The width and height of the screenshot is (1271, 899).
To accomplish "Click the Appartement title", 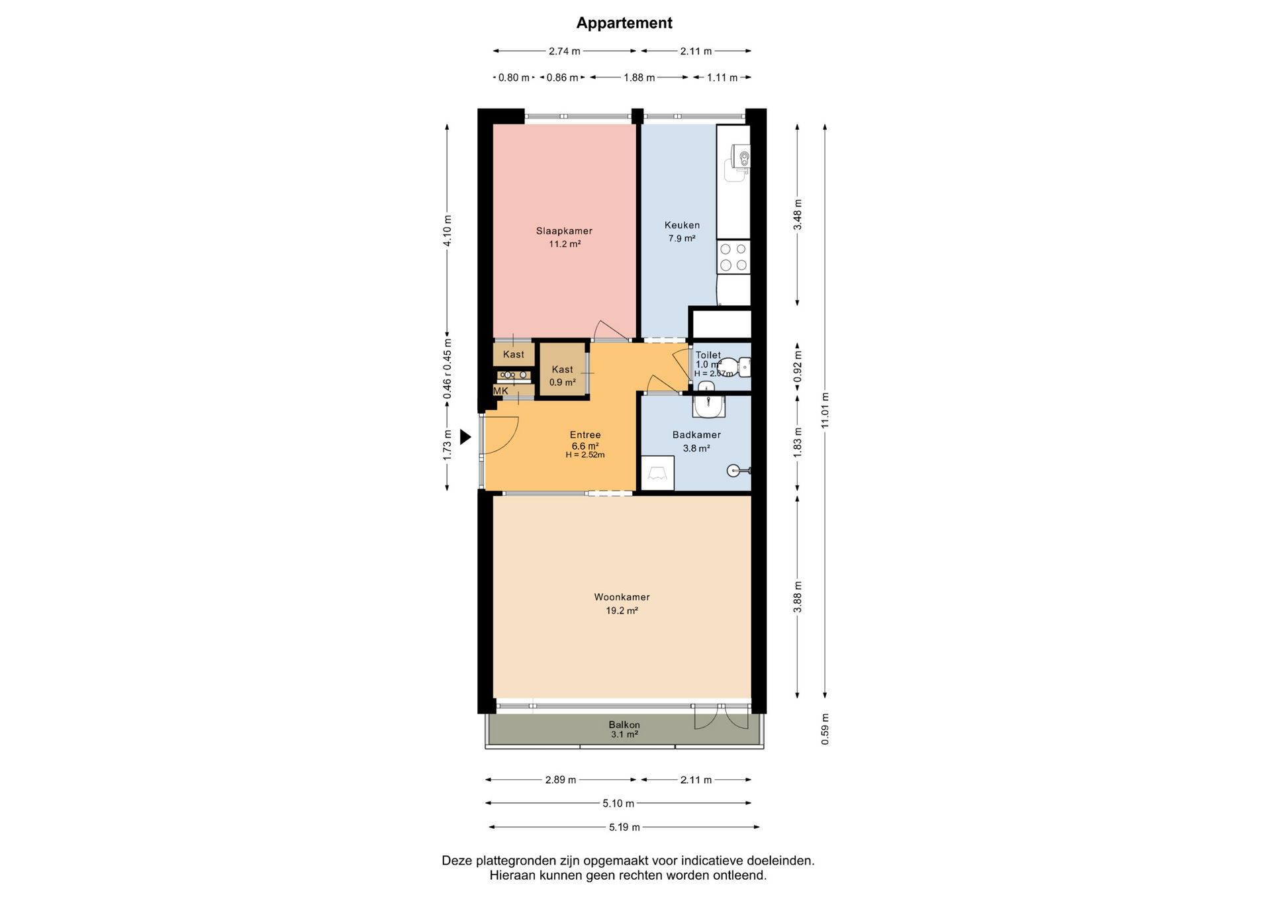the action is point(624,23).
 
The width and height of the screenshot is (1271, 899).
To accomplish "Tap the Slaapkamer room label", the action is point(564,231).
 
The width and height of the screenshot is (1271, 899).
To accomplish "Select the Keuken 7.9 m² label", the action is point(682,232).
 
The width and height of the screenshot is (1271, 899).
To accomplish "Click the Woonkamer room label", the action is point(622,597).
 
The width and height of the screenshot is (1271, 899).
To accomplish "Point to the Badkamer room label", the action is point(696,435).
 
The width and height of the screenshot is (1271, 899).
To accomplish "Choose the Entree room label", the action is point(585,435).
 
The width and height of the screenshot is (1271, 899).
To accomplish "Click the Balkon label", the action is point(624,725).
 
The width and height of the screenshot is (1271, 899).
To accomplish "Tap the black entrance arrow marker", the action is point(465,437).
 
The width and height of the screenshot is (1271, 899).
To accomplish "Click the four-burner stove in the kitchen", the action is point(733,257).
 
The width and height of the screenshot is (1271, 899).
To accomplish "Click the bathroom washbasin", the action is point(709,405).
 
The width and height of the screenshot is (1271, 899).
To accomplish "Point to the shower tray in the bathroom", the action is point(657,473).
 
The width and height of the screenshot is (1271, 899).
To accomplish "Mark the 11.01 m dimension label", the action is point(825,410).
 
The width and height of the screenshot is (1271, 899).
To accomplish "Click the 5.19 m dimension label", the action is point(624,827).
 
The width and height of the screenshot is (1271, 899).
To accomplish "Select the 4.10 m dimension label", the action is point(447,231).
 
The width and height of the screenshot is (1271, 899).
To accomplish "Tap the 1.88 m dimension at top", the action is point(639,77).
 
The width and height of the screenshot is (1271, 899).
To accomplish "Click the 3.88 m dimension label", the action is point(798,597).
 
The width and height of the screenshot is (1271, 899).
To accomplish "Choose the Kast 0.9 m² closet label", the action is point(562,375).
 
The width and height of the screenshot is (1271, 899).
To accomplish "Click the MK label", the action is point(500,391).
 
